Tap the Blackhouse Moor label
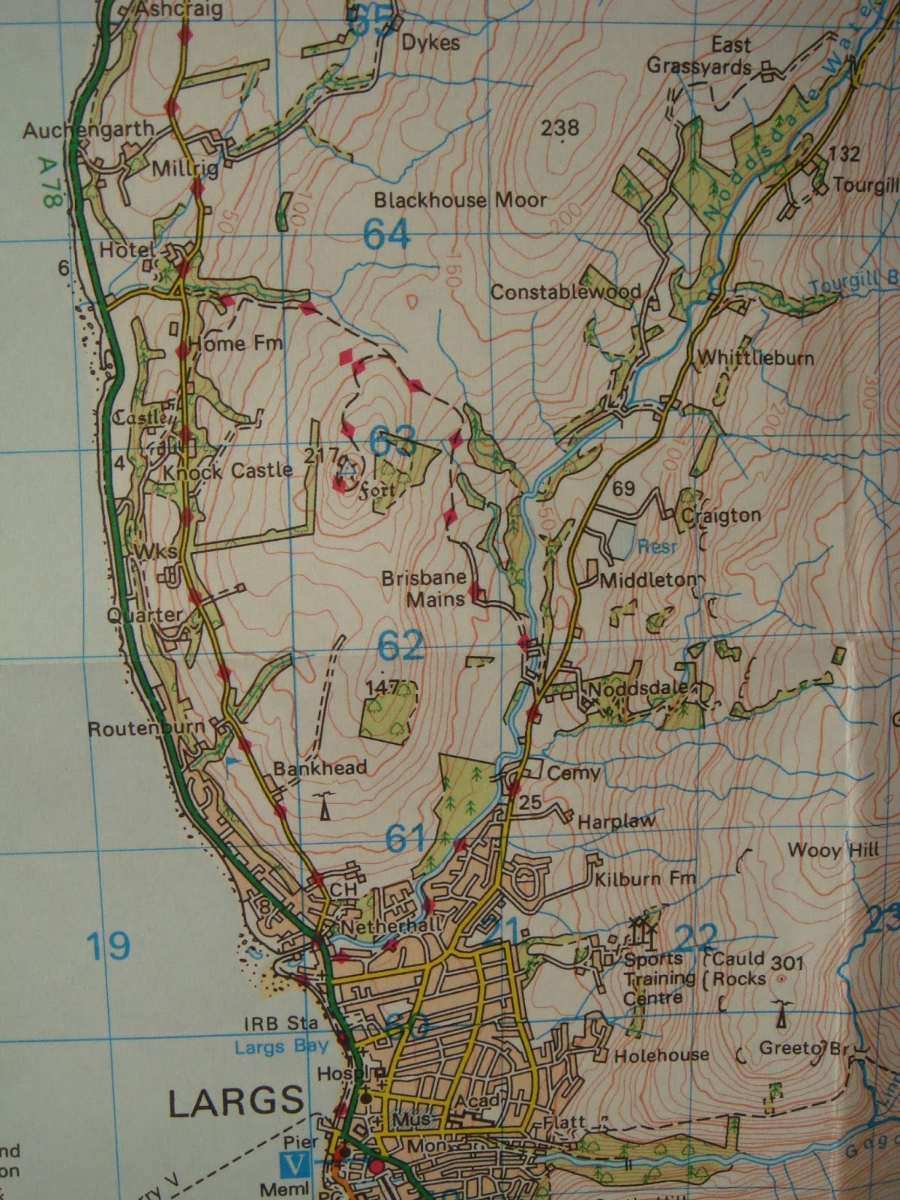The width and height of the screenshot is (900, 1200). [x=460, y=200]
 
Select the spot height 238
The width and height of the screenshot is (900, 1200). [x=560, y=128]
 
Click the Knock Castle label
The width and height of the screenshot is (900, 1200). [x=227, y=471]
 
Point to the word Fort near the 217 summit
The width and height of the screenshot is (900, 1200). [x=376, y=493]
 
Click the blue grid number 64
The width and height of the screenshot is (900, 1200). [x=387, y=235]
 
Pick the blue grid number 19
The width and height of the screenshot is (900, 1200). [x=108, y=946]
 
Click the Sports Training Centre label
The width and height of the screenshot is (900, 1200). [x=654, y=978]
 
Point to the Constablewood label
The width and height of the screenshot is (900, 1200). [x=565, y=292]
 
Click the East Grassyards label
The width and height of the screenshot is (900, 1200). [x=699, y=55]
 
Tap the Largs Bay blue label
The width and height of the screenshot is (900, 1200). [x=281, y=1046]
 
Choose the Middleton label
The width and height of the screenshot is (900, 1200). [x=647, y=580]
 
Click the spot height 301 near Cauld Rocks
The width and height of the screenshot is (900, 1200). [x=787, y=962]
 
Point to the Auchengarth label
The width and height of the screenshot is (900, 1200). [x=88, y=131]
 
